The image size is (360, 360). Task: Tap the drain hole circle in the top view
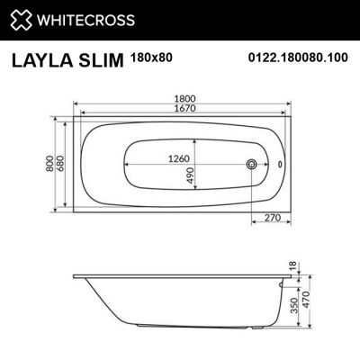(x=253, y=165)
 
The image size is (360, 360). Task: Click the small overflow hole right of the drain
(x=278, y=165)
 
